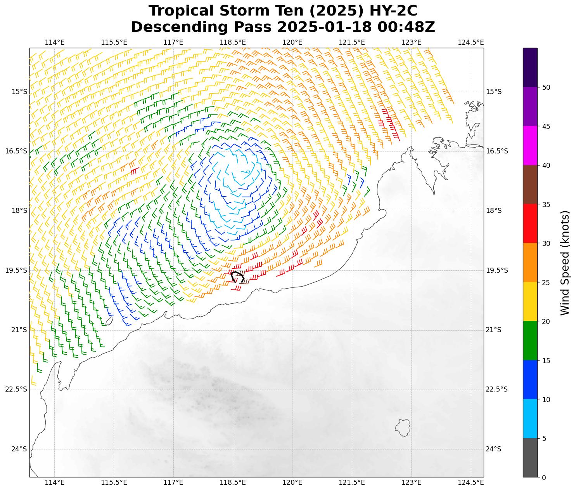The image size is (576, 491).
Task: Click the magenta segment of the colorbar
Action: pyautogui.click(x=530, y=145)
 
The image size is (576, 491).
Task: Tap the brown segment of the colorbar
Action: pyautogui.click(x=530, y=185)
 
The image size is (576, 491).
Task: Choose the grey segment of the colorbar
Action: pyautogui.click(x=530, y=458)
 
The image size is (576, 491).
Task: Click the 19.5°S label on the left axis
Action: pyautogui.click(x=16, y=270)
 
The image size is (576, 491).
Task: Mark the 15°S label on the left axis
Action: pyautogui.click(x=19, y=92)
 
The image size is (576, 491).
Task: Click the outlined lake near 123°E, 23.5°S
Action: pyautogui.click(x=403, y=428)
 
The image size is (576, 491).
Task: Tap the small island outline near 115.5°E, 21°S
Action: pyautogui.click(x=109, y=321)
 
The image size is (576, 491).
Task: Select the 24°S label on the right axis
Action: pyautogui.click(x=494, y=449)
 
